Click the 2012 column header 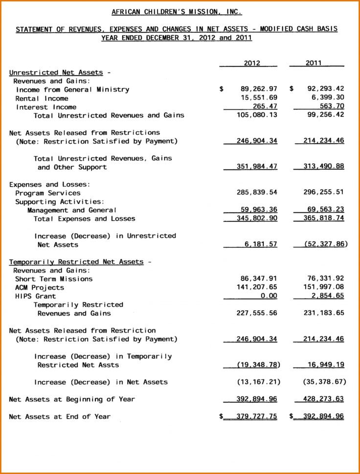pos(252,63)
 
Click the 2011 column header pos(314,63)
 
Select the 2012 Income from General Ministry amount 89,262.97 pos(259,89)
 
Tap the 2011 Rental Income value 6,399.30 pos(325,98)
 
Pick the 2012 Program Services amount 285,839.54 pos(257,193)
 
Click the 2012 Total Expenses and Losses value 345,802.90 pos(257,218)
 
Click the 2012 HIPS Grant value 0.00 pos(269,296)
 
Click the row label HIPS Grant pos(35,296)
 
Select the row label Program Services pos(47,193)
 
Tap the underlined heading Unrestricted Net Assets pos(56,72)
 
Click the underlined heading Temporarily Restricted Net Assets pos(76,262)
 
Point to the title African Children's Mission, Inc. pos(177,12)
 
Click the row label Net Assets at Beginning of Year pos(72,399)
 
